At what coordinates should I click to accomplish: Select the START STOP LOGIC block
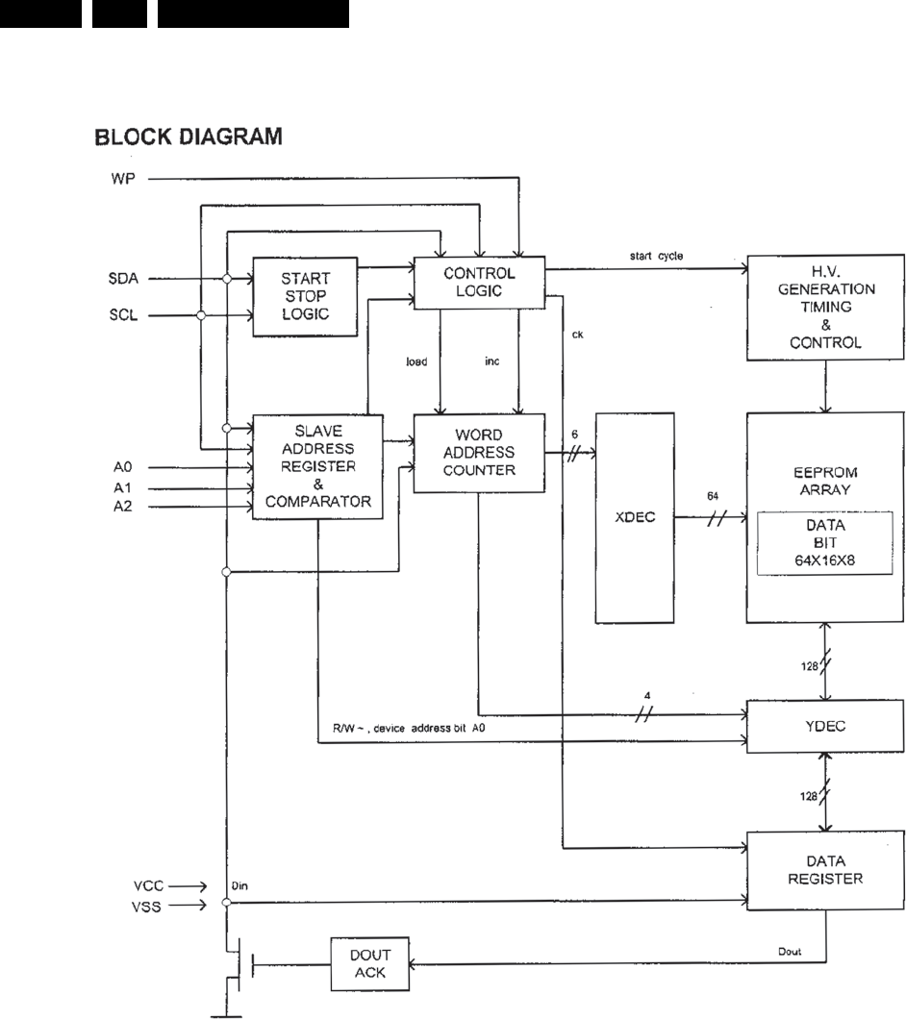pyautogui.click(x=305, y=296)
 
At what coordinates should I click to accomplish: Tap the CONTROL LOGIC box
pyautogui.click(x=478, y=283)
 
